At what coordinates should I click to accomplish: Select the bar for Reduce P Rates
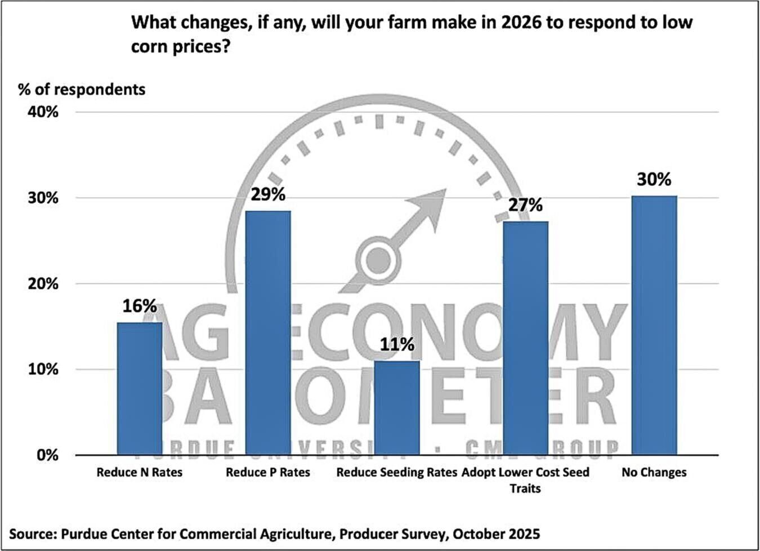268,332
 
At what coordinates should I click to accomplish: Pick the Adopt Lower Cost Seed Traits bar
525,338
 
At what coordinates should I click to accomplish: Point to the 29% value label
268,194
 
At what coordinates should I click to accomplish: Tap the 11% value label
397,344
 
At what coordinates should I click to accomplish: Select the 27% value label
525,205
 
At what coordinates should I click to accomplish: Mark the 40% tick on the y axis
43,112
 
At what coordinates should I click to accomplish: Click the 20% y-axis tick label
43,283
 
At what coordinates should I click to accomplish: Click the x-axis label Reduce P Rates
268,472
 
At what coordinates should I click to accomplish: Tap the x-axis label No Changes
654,472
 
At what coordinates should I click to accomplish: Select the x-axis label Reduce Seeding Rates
397,472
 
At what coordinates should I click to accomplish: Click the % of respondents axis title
82,89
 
